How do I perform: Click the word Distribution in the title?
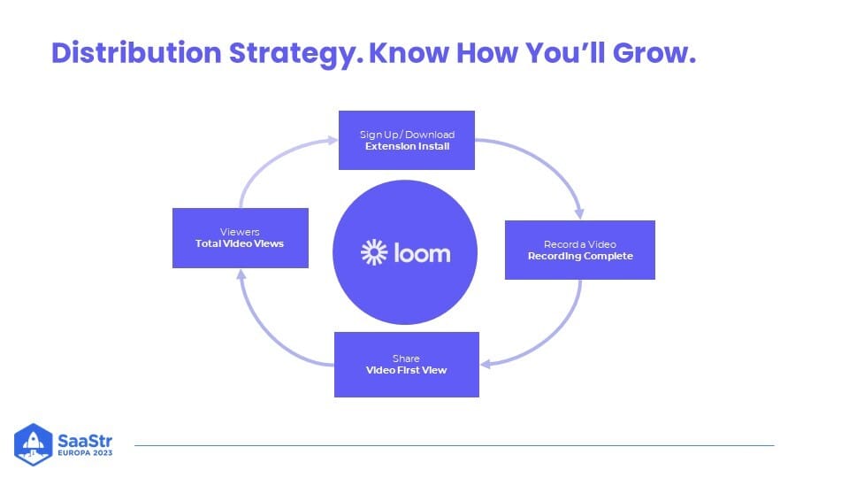click(x=136, y=53)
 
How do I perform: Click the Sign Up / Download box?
click(x=407, y=141)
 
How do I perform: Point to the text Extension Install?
click(x=407, y=146)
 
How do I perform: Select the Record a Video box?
click(x=580, y=250)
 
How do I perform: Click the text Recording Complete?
click(x=580, y=257)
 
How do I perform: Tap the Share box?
click(x=407, y=365)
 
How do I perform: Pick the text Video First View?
click(x=407, y=370)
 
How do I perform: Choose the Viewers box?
click(x=241, y=238)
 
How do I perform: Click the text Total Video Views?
click(x=240, y=244)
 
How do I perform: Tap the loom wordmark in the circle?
click(x=422, y=253)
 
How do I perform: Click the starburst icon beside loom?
click(x=374, y=252)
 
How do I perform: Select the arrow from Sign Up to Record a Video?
click(x=547, y=161)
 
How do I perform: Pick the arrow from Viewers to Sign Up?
click(x=268, y=160)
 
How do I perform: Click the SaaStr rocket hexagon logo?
click(x=33, y=444)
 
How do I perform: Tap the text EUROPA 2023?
click(x=85, y=452)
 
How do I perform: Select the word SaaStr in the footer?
click(x=85, y=440)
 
